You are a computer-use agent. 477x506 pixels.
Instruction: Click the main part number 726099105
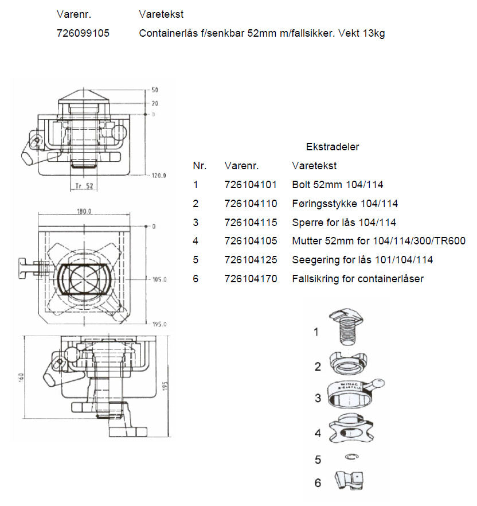click(x=83, y=33)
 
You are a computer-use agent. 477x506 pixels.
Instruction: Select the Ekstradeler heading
click(x=332, y=147)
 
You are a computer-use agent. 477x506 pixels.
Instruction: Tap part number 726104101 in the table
click(x=251, y=185)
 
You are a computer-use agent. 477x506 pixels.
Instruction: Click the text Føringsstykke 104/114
click(x=345, y=204)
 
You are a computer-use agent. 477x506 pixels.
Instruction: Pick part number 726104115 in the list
click(x=251, y=223)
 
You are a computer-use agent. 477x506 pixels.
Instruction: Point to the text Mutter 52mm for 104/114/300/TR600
click(x=378, y=241)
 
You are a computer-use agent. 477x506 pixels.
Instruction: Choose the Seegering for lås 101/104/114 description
click(x=362, y=260)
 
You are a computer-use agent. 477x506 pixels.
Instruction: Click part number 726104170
click(x=251, y=278)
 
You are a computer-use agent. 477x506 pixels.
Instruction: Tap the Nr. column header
click(x=200, y=166)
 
